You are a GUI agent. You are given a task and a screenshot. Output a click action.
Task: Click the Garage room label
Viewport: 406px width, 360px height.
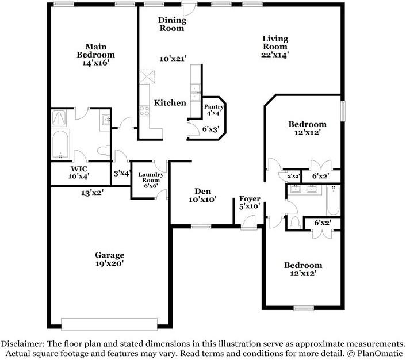pos(109,255)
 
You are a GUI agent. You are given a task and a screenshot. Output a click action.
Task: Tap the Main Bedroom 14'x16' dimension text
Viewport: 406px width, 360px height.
pos(95,63)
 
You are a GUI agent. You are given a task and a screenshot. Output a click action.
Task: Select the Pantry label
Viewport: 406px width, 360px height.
pos(213,107)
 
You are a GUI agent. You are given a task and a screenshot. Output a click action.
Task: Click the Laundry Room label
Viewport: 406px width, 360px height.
pos(151,177)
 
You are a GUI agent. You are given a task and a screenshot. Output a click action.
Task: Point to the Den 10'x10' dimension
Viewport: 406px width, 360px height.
pos(202,200)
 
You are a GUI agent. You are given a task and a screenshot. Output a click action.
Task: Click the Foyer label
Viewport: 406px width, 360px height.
pos(250,199)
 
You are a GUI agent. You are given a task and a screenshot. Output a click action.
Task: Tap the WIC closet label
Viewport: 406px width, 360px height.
pos(79,169)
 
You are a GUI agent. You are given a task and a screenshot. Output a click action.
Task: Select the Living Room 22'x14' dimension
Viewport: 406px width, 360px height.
pos(275,55)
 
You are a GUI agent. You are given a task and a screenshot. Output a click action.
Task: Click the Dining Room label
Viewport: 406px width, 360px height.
pos(172,24)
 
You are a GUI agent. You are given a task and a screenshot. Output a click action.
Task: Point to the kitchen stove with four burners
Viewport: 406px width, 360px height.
pos(144,110)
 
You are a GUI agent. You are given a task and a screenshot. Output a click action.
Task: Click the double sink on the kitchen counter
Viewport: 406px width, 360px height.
pos(195,93)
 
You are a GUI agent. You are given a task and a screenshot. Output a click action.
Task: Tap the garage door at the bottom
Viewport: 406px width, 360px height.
pos(109,324)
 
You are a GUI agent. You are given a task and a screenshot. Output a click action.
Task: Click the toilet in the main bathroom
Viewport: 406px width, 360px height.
pos(104,151)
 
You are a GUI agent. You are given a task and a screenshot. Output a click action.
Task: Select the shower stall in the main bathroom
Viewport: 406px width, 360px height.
pos(59,118)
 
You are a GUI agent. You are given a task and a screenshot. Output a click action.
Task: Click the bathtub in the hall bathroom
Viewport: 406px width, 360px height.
pos(333,200)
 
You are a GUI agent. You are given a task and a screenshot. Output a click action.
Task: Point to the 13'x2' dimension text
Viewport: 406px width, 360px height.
pos(93,193)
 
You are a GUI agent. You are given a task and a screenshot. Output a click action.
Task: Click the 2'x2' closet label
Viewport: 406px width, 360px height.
pos(294,176)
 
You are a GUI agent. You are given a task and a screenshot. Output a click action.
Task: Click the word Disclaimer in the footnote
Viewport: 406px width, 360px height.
pos(22,344)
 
